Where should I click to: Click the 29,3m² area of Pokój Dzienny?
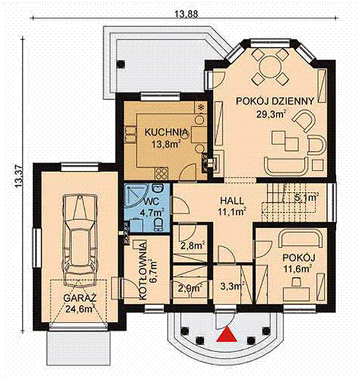point(271,114)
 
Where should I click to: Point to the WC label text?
point(151,201)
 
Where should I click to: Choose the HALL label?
point(232,200)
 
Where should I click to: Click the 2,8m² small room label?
point(192,246)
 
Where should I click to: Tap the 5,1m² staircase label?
point(306,197)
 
